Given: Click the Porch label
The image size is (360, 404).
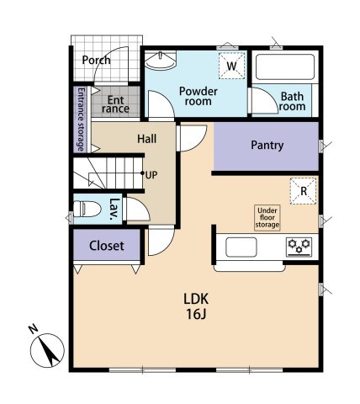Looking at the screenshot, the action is coord(96,61).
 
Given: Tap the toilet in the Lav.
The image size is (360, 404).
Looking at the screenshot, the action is coord(87,209).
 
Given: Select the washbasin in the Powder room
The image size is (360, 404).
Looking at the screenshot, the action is coord(161,61).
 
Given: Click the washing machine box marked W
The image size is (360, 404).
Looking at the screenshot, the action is coord(231,66).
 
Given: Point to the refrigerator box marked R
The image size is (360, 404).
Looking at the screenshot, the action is coord(304,191).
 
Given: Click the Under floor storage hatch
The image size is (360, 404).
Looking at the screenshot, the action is coord(267,218).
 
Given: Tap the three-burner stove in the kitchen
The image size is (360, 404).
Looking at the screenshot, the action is coord(299,247).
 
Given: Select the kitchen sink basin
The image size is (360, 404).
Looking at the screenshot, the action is coord(241,247).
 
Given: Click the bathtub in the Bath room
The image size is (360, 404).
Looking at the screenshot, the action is coord(285,67).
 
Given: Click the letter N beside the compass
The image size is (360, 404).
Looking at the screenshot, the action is coord(34,328).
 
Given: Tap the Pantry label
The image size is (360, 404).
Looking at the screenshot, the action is coord(267,146).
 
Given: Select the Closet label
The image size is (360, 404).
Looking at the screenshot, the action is coord(107,246).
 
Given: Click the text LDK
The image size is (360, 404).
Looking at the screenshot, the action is coord(196,299).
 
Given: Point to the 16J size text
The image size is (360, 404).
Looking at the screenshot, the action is coord(196,314).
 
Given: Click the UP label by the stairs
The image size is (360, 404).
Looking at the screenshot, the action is coord(151,175).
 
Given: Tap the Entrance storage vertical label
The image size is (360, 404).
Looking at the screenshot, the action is coord(81,120).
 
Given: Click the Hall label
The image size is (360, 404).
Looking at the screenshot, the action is coord(147,139).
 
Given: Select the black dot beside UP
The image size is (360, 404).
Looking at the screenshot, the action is coord(142,173).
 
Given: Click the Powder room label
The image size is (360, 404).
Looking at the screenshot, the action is coord(199,96).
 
